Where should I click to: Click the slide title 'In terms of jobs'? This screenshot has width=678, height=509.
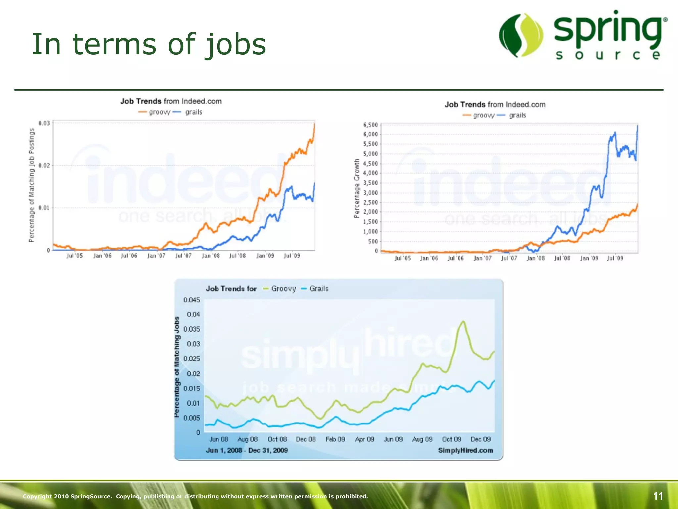(149, 44)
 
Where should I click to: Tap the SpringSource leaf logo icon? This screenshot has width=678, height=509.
(521, 35)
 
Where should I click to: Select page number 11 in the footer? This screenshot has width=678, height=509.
(658, 496)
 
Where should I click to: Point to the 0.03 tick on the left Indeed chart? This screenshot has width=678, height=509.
(44, 123)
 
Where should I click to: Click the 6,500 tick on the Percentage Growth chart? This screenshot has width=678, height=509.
(370, 125)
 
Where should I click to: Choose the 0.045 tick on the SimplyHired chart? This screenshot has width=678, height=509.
(192, 300)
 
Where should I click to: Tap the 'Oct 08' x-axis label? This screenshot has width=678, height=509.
(277, 439)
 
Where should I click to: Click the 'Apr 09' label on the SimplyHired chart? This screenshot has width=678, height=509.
(364, 439)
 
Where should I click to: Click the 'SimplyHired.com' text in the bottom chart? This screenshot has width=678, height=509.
(465, 450)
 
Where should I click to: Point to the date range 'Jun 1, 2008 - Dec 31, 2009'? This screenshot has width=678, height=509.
(247, 450)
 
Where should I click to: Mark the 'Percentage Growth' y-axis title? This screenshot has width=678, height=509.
(357, 188)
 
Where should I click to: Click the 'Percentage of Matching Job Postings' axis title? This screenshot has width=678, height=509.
(32, 185)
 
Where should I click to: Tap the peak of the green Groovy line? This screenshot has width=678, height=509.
(463, 321)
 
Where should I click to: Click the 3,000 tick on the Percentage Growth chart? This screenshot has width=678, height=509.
(370, 193)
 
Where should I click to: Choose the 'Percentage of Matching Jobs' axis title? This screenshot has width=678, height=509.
(177, 367)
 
